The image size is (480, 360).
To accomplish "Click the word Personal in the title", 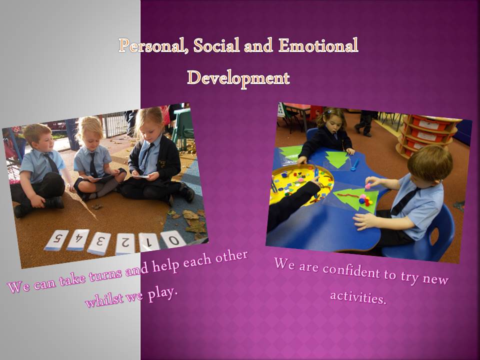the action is point(153,46).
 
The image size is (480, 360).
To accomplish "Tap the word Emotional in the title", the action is point(318,45).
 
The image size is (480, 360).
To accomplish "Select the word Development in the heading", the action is point(238,78).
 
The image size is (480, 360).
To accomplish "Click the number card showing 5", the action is point(56,240).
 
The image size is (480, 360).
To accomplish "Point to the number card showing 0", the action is point(173,240).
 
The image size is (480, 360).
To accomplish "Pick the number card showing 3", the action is point(99,243).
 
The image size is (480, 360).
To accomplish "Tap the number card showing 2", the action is point(125,244).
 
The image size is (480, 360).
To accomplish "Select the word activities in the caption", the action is point(358,297).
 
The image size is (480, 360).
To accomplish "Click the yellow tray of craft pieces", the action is point(299,183).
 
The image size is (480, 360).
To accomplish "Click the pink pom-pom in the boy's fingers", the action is point(368,185).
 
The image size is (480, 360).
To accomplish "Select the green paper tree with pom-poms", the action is point(357,198).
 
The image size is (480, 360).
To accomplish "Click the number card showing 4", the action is point(78,240).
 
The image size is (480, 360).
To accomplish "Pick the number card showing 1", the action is point(149,242).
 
